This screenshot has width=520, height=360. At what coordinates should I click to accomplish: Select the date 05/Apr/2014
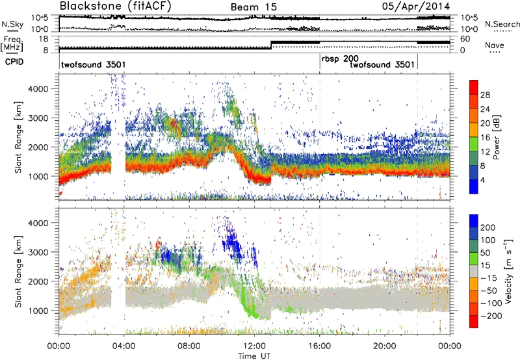[x=421, y=7]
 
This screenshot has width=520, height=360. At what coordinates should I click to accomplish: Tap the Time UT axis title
[x=255, y=355]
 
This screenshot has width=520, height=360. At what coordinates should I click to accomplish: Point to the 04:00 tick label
[x=124, y=345]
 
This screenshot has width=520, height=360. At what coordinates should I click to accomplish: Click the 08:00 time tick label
[x=189, y=345]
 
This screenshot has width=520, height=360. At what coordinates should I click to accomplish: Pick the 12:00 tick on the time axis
[x=255, y=345]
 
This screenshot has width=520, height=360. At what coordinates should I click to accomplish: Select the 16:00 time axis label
[x=320, y=345]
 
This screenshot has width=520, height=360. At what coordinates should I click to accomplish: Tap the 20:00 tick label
[x=385, y=345]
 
